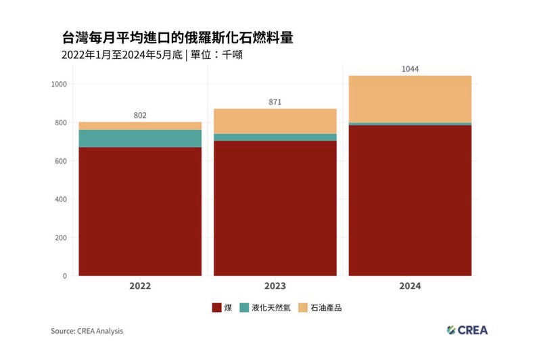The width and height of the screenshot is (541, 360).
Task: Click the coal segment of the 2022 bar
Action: pos(140,211)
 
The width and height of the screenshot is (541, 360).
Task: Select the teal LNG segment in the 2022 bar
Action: pos(140,138)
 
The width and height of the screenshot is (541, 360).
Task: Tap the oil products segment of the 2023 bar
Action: pos(275,121)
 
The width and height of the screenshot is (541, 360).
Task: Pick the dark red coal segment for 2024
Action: pos(410,200)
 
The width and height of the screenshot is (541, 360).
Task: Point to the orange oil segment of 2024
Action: pos(410,99)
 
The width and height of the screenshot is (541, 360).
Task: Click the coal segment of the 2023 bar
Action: pos(275,208)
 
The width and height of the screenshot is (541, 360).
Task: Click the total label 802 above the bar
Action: pos(140,116)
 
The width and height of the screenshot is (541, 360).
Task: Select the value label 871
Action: pos(275,102)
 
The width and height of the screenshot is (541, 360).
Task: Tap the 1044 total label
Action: pos(410,69)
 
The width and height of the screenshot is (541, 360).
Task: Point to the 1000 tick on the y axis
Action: pos(58,85)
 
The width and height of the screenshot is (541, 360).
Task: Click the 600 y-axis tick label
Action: pos(60,161)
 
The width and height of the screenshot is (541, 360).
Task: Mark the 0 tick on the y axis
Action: pos(64,276)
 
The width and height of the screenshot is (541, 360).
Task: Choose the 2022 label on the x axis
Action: pos(140,286)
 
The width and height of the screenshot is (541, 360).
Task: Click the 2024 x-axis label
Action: pos(410,286)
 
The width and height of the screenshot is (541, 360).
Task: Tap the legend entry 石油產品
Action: pos(331,308)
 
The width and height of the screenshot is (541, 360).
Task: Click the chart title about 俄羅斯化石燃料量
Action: pos(177,37)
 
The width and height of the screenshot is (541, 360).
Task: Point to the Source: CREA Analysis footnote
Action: pos(87,332)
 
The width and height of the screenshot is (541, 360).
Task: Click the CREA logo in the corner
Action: pos(467,330)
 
